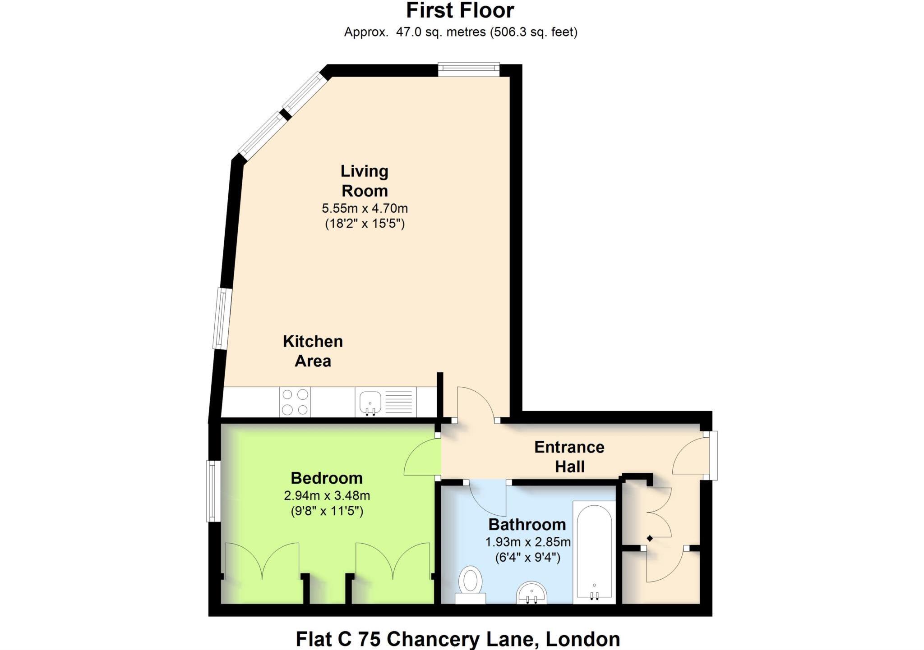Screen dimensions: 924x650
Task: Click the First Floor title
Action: point(460,10)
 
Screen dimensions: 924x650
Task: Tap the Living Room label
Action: point(365,181)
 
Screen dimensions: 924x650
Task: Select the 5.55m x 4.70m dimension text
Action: point(365,208)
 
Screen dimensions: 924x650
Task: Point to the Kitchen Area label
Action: point(313,351)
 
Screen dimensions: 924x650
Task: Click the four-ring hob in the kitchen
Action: point(295,402)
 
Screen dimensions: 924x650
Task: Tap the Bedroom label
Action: point(327,478)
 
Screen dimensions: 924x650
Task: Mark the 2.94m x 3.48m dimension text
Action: point(327,496)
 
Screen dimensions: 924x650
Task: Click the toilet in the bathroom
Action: point(470,585)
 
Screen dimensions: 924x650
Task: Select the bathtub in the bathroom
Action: point(594,552)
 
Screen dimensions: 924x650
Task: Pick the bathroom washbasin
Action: point(531,593)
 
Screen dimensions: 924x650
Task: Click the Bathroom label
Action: point(527,525)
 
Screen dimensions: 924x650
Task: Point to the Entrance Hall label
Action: point(569,457)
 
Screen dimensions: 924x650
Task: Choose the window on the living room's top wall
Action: point(469,68)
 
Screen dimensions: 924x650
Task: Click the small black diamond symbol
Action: point(650,538)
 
